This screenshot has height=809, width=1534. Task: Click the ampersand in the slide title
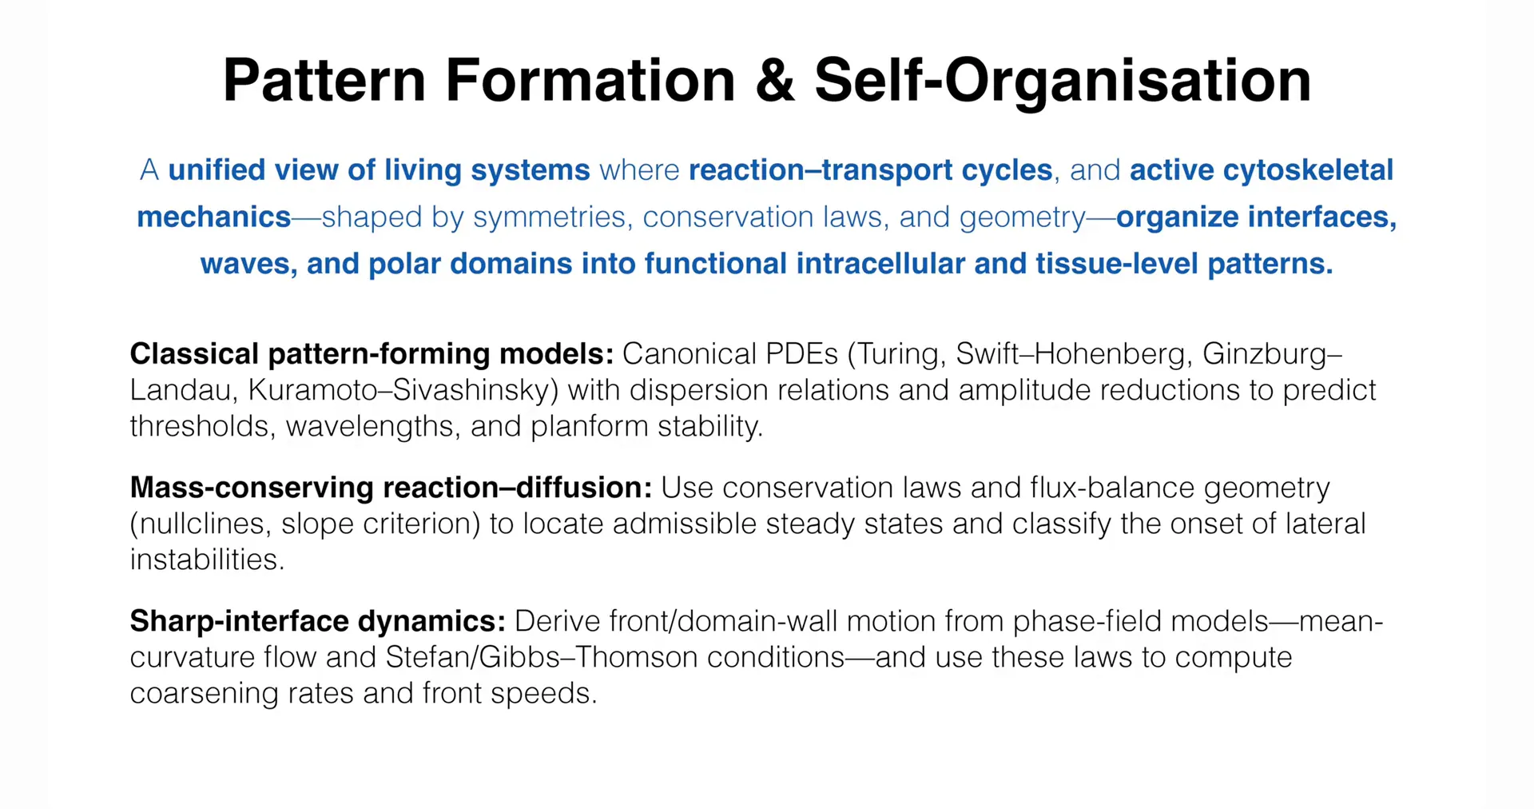coord(775,80)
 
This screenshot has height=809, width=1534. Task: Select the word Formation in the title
coord(590,80)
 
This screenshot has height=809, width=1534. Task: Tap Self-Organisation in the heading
coord(1063,82)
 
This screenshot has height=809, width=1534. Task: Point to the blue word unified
coord(216,170)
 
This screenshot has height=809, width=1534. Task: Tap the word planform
coord(590,426)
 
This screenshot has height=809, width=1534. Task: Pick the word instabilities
coord(207,560)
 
